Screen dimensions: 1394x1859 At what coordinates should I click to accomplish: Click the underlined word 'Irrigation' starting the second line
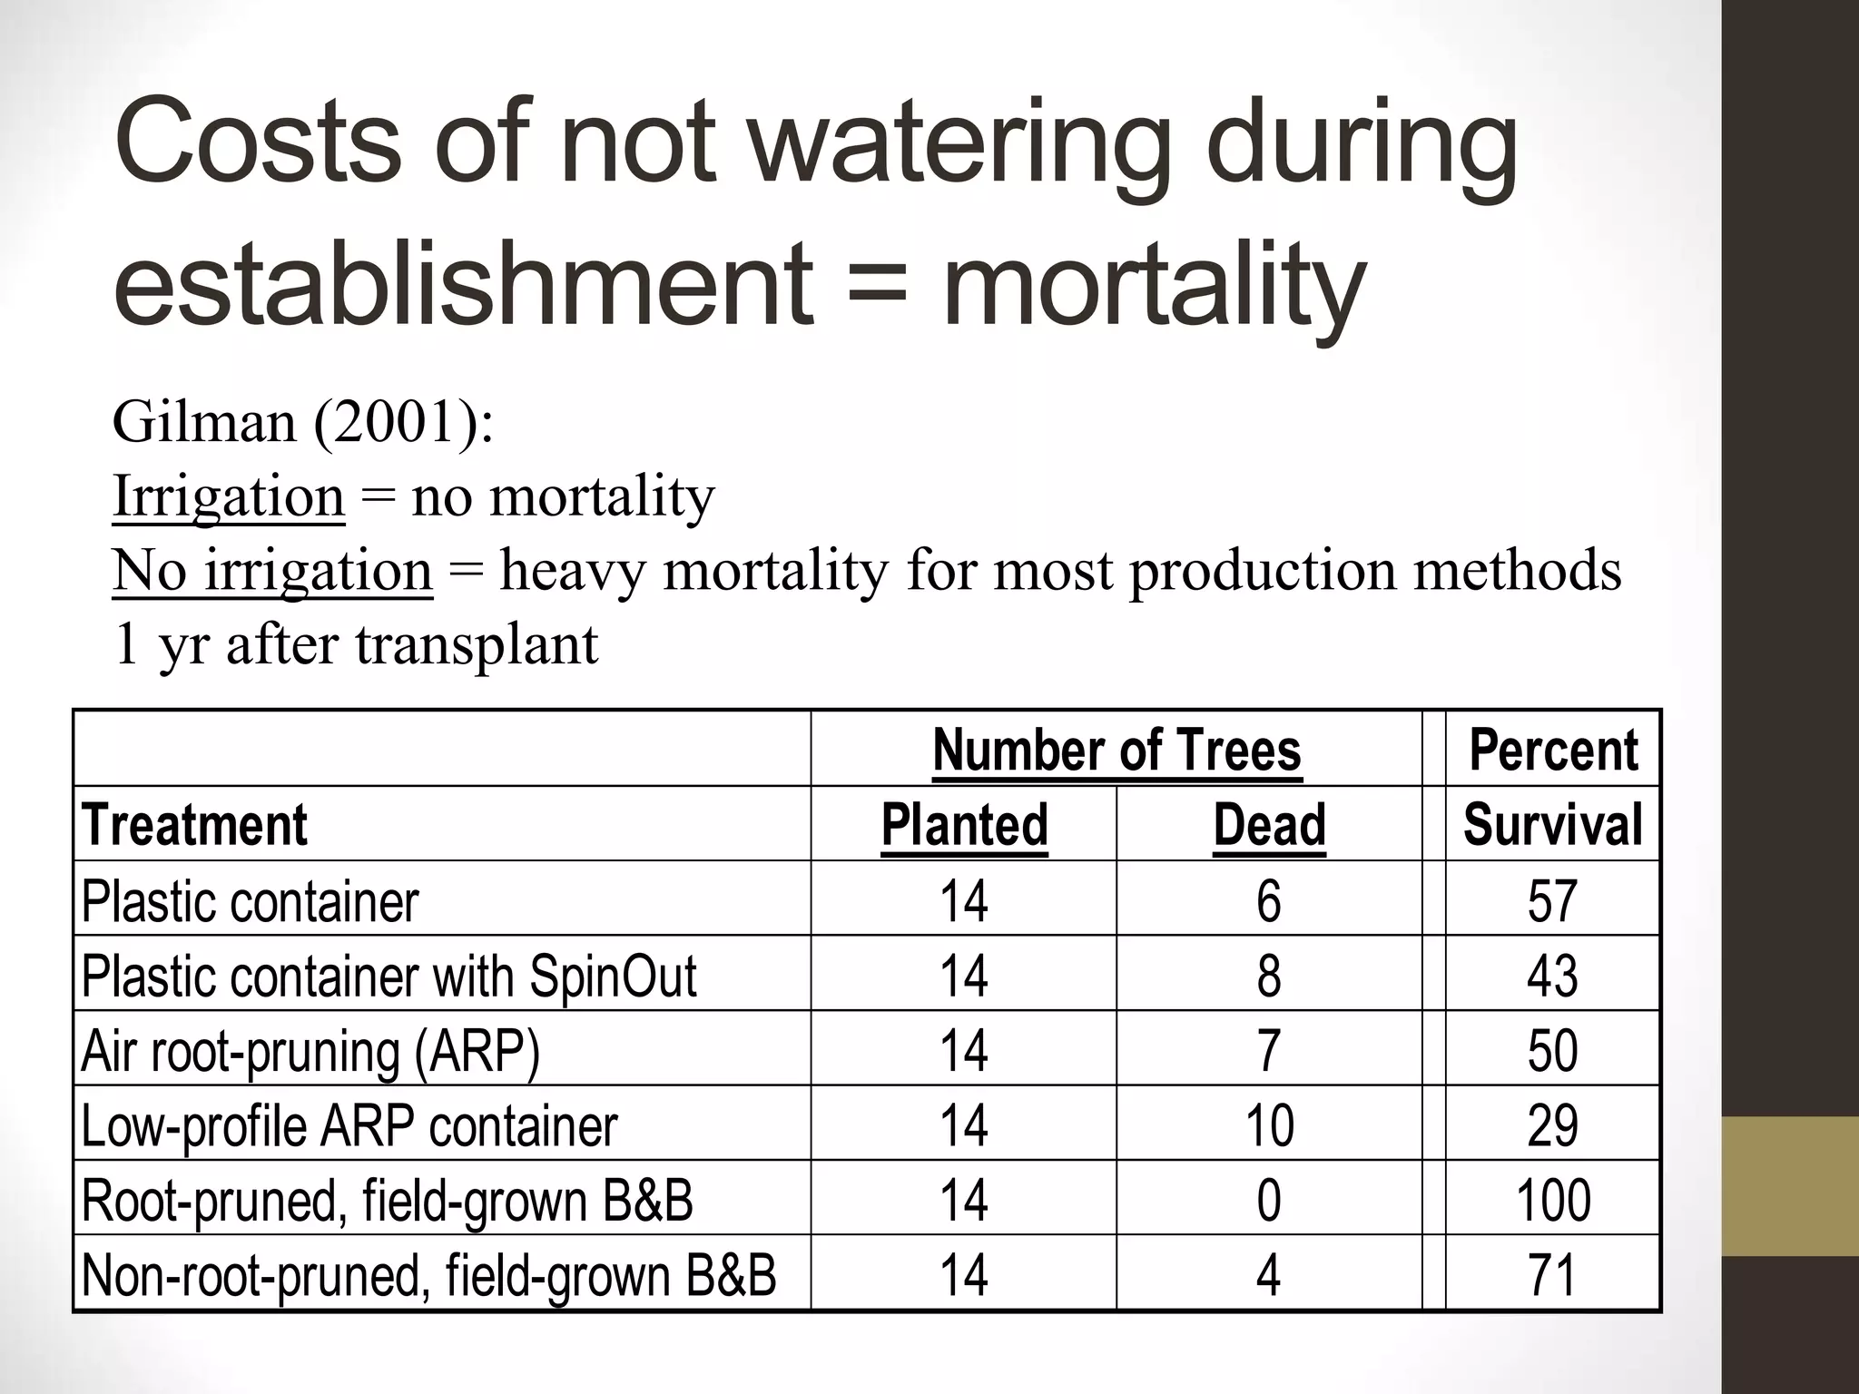[x=229, y=496]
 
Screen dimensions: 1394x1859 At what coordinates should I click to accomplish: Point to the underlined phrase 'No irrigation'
[x=272, y=571]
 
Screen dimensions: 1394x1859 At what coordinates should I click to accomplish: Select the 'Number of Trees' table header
[x=1116, y=751]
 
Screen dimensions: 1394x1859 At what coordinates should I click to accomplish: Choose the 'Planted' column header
[x=964, y=825]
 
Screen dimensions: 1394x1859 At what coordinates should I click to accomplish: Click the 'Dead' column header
[x=1269, y=825]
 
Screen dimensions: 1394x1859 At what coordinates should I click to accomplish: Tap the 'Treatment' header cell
[x=194, y=825]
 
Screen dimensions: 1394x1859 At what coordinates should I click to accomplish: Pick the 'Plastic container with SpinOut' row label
[x=389, y=976]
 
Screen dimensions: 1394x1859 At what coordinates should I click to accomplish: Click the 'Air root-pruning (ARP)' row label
[x=310, y=1050]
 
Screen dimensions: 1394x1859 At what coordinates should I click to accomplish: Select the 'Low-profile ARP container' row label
[x=349, y=1125]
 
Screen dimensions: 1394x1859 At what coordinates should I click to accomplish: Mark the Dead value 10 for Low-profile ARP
[x=1269, y=1125]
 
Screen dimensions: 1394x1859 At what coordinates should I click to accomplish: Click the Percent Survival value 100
[x=1553, y=1200]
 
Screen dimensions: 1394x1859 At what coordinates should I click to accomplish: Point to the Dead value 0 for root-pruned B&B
[x=1269, y=1200]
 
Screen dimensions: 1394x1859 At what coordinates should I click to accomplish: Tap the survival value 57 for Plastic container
[x=1553, y=900]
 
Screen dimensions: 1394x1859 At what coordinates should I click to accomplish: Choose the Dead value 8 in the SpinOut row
[x=1269, y=976]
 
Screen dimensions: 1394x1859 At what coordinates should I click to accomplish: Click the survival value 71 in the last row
[x=1553, y=1274]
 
